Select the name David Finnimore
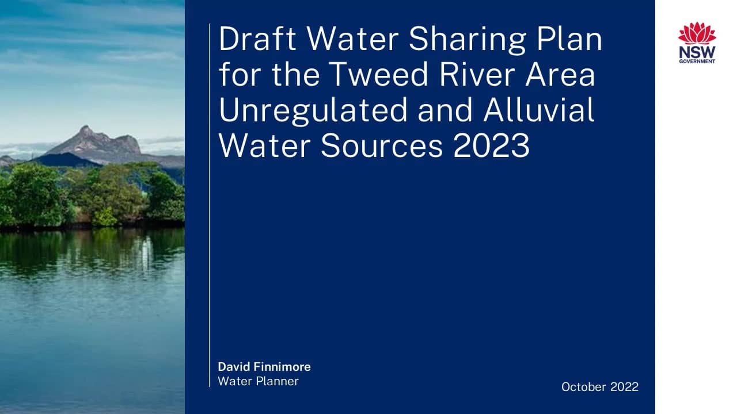pos(264,367)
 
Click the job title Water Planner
pos(258,381)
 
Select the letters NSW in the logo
pos(697,52)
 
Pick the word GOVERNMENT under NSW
pos(697,61)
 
